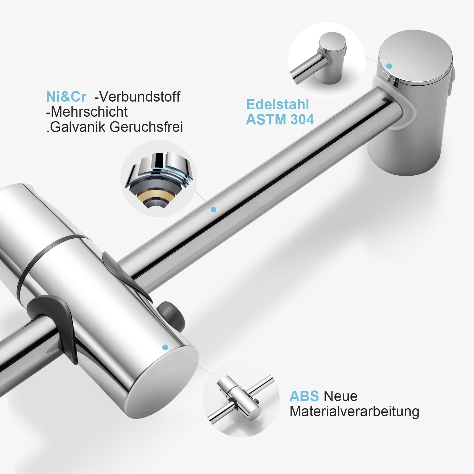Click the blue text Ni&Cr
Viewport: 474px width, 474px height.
(66, 97)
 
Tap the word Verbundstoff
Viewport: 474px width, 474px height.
(137, 97)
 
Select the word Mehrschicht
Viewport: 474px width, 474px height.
(87, 112)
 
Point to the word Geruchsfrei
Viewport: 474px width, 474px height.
(146, 127)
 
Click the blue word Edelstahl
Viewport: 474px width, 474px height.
(278, 104)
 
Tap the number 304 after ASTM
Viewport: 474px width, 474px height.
(302, 120)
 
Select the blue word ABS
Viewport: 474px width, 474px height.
(304, 396)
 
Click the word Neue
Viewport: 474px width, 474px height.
(341, 396)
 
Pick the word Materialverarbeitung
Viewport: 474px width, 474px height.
(354, 412)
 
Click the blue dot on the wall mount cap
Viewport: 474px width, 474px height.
(389, 66)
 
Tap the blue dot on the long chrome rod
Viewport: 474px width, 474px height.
(213, 209)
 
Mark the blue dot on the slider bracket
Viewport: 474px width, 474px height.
(165, 347)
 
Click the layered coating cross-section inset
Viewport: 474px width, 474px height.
(159, 179)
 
